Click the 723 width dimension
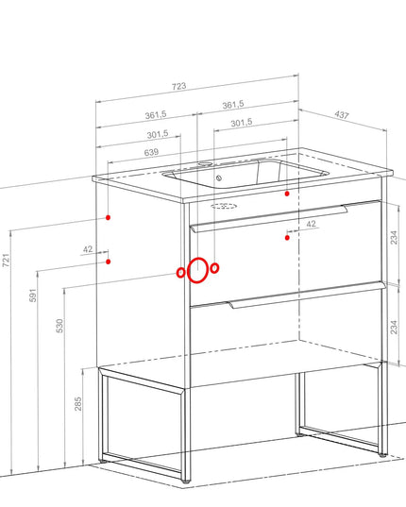point(178,86)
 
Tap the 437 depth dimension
point(342,115)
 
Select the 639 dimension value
point(151,152)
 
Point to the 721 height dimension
point(7,261)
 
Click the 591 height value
point(33,296)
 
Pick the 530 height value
point(59,326)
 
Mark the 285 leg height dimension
point(78,404)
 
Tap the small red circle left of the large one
point(180,273)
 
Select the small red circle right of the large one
point(214,268)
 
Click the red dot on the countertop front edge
point(287,194)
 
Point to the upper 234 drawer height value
point(394,237)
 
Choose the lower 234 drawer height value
point(394,327)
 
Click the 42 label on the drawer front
point(311,224)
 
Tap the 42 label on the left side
point(88,249)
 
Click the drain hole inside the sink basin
point(219,177)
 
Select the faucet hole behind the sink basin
point(205,163)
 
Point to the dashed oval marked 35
point(224,206)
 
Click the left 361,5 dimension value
point(156,115)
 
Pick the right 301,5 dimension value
point(241,123)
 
